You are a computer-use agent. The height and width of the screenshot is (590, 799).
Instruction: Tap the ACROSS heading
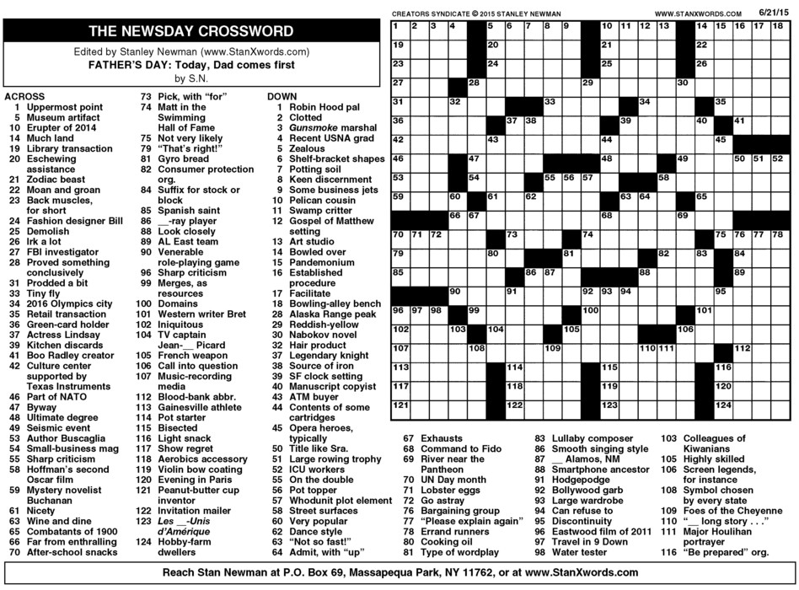[x=25, y=96]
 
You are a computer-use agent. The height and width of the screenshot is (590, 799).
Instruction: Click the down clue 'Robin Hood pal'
[x=324, y=108]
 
